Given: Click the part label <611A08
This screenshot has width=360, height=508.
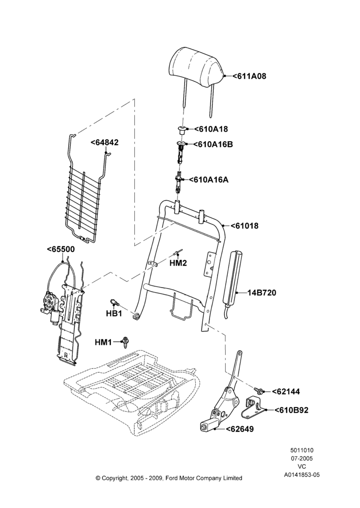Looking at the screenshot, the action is pos(249,76).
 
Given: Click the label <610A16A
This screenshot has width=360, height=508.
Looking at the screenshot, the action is pos(208,179).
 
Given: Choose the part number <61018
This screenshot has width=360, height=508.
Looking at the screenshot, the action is pos(245,226).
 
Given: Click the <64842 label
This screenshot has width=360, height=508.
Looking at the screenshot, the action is pos(104,143).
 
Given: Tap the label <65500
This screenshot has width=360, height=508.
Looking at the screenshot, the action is pos(61,249).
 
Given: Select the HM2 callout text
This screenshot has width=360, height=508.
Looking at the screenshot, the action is pos(178,263).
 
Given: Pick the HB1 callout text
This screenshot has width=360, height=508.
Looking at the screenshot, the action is pos(114,313).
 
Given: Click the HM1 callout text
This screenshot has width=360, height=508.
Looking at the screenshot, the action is pos(103,342).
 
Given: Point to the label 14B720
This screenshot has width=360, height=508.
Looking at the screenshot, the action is pos(262,293).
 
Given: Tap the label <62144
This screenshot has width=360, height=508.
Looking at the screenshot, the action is pos(286,392).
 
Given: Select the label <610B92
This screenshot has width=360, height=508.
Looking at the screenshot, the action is pos(291,410).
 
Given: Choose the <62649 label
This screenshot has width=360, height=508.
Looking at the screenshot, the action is pos(239,429).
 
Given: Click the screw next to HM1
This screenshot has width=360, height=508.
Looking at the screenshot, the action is pos(125,342).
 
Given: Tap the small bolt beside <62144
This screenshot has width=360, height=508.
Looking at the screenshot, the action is pos(258,390).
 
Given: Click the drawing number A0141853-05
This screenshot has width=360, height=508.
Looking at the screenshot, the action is pos(302,475).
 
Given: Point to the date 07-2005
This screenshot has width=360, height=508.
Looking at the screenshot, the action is pos(302,458).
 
